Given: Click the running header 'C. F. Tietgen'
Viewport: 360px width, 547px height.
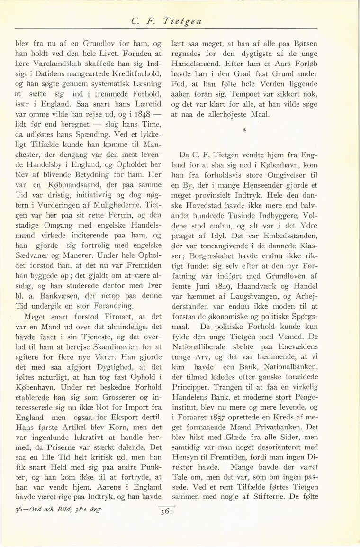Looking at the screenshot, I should pyautogui.click(x=180, y=20).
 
